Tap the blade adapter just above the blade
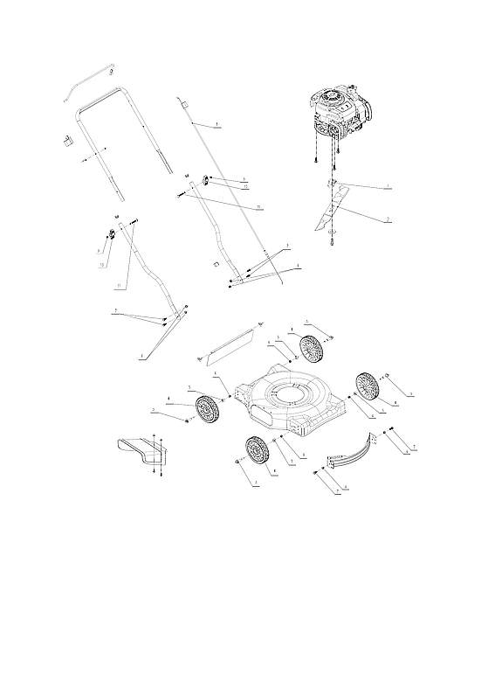pyautogui.click(x=333, y=182)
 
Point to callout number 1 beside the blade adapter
pyautogui.click(x=387, y=187)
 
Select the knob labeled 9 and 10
pyautogui.click(x=112, y=233)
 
